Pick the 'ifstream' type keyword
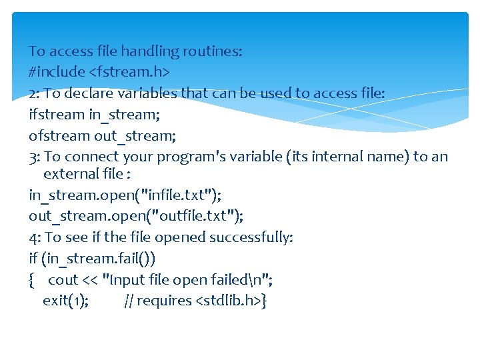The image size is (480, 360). click(56, 115)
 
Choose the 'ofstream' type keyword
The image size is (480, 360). click(59, 136)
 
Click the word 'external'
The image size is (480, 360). click(71, 175)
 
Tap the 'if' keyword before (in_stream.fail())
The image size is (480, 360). click(33, 259)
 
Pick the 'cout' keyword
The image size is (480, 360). click(63, 280)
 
